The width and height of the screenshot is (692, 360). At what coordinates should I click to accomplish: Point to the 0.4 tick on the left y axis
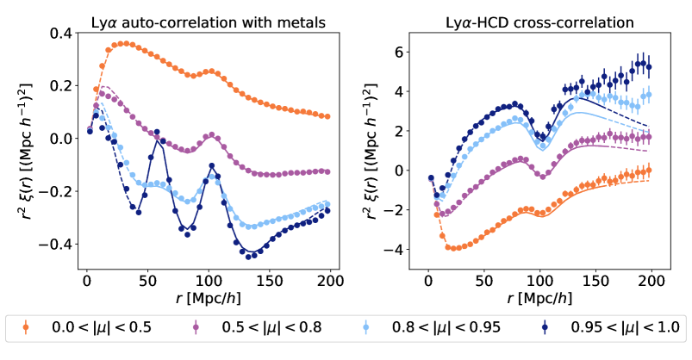pyautogui.click(x=58, y=34)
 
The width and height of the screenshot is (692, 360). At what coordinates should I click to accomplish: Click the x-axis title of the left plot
pyautogui.click(x=208, y=298)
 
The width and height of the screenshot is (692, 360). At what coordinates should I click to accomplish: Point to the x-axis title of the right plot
pyautogui.click(x=541, y=298)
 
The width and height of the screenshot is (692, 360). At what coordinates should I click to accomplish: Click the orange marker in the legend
pyautogui.click(x=27, y=327)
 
